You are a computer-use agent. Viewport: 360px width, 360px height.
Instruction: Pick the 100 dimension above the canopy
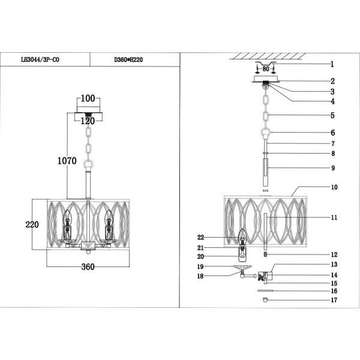pos(88,98)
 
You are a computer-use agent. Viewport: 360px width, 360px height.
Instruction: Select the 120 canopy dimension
pos(88,120)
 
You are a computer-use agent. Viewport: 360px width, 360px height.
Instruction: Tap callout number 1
pos(331,64)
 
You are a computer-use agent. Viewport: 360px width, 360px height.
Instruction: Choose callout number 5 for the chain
pos(331,115)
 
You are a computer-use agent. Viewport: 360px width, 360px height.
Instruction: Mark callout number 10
pos(334,187)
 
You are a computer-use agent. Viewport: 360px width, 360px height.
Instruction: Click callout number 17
pos(334,300)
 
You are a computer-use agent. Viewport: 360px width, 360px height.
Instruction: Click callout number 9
pos(331,167)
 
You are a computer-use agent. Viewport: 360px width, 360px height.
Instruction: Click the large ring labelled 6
pos(265,133)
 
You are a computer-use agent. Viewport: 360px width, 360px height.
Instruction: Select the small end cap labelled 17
pos(265,300)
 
